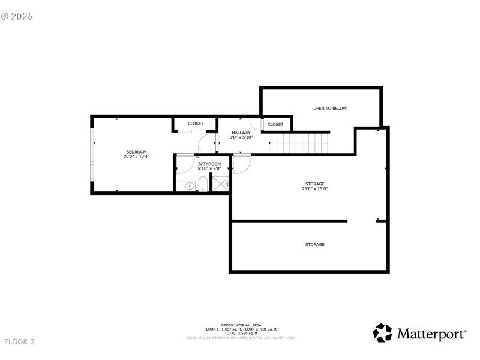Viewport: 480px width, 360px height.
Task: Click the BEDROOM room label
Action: tap(136, 151)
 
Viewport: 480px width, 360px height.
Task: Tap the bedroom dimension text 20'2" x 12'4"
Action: tap(136, 157)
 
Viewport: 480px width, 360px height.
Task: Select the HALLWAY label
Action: tap(241, 133)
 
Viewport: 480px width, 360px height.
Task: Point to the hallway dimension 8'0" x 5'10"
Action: tap(241, 137)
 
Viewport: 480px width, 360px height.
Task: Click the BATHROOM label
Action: tap(209, 164)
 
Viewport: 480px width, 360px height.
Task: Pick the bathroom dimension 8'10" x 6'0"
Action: tap(209, 169)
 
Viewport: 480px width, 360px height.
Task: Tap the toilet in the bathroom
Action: tap(203, 184)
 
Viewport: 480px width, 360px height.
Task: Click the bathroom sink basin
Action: tap(190, 186)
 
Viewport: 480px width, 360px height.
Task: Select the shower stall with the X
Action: tap(221, 184)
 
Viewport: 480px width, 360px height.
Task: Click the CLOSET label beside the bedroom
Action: tap(196, 124)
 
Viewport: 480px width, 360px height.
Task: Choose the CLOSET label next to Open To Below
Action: tap(275, 124)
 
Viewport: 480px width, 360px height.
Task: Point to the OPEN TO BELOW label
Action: tap(330, 109)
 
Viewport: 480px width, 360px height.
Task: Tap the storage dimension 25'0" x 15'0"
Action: tap(315, 189)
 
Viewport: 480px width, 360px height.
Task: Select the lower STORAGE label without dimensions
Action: tap(315, 245)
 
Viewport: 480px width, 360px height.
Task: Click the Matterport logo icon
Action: tap(383, 333)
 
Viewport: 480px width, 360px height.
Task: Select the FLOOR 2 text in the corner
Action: tap(20, 342)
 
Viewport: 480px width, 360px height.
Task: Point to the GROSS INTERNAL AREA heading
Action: tap(240, 325)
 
